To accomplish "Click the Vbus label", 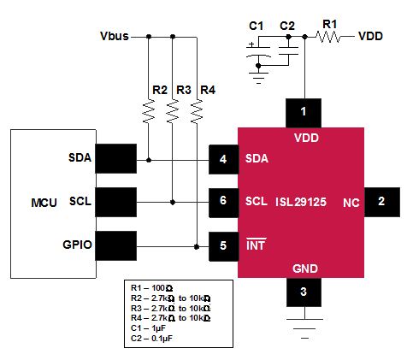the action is click(115, 36).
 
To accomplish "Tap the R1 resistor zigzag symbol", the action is click(327, 37).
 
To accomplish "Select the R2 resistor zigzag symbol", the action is click(149, 111).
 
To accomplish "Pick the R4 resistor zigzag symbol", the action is click(197, 111).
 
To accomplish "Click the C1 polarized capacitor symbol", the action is click(258, 51).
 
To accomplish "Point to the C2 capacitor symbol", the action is click(288, 50).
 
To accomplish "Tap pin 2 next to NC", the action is click(382, 202).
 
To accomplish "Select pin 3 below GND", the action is click(304, 292).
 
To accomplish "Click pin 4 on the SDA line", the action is click(223, 160).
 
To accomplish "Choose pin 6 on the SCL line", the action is click(223, 203).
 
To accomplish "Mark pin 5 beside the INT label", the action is click(223, 246).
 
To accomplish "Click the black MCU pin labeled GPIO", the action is click(115, 245).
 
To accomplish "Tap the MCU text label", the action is click(44, 203).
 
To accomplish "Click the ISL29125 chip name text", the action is click(301, 202).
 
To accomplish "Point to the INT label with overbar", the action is click(256, 244).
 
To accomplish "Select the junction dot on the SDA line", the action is click(149, 160).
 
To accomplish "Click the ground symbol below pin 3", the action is click(304, 328).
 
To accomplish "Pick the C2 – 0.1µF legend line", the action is click(151, 339).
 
